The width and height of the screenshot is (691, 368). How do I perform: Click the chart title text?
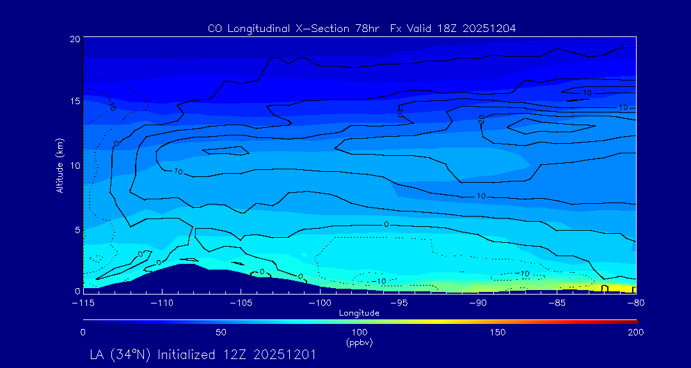coord(361,28)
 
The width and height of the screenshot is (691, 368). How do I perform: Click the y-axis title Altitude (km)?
coord(60,165)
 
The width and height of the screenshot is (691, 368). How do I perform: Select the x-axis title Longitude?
coord(359,312)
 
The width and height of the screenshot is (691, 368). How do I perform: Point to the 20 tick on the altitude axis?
coord(75,39)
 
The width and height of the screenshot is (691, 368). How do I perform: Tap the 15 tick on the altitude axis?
coord(75,102)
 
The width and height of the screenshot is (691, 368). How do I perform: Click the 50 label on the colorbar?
coord(221,332)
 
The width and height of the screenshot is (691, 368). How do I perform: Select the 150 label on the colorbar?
coord(497,332)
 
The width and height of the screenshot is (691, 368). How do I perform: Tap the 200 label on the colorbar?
coord(635,332)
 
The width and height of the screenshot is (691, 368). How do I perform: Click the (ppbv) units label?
coord(359,342)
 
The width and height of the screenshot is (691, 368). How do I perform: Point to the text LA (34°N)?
coord(122,354)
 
